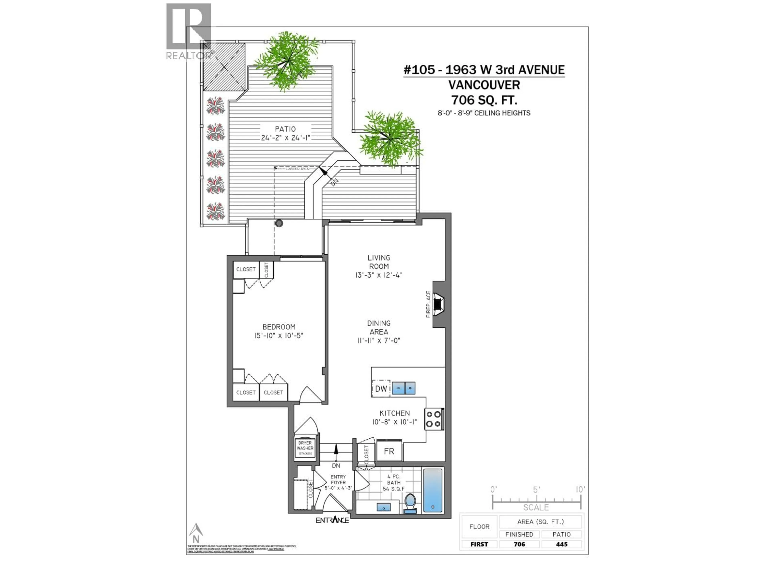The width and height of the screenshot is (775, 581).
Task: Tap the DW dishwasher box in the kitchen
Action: point(381,388)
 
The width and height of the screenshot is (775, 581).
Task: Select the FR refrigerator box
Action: point(389,451)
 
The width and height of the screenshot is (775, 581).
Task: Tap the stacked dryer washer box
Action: point(305,448)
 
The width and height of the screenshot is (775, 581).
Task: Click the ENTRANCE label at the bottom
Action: point(332,520)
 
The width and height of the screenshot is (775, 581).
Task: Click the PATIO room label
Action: point(285,129)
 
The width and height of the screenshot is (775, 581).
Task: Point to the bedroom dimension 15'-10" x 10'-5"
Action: point(279,335)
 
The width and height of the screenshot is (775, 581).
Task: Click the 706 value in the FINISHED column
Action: point(519,544)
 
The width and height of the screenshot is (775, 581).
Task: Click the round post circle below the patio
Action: point(279,223)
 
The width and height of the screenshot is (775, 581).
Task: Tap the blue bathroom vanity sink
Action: point(384,507)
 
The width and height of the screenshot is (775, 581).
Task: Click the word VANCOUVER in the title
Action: point(484,85)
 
